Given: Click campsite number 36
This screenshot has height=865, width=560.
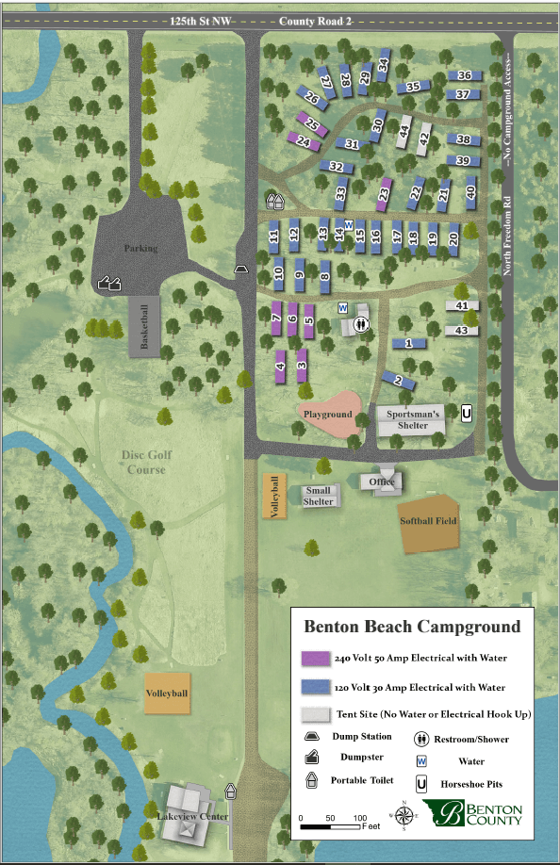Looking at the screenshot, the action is [x=465, y=75].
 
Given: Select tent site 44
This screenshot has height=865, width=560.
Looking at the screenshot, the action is [x=404, y=131].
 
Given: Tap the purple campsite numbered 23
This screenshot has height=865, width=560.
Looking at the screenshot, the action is [x=384, y=194].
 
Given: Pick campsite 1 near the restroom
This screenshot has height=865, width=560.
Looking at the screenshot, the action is [x=409, y=343].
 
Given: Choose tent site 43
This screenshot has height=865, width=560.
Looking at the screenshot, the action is [x=462, y=331].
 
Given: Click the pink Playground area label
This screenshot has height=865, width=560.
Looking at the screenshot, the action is [x=328, y=414].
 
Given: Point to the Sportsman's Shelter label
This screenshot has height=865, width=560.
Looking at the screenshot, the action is [x=413, y=419].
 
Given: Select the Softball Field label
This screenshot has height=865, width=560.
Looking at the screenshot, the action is [x=428, y=521].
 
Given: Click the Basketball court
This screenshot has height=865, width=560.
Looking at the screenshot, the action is [x=144, y=327].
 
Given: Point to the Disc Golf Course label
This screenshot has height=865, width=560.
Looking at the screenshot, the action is [x=147, y=462].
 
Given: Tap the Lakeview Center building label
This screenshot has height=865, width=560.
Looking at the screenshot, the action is [x=192, y=816].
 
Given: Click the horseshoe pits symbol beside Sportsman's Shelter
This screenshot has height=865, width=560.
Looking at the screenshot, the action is [x=467, y=413].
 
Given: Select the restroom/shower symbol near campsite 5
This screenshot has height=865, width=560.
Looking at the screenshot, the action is [x=361, y=324].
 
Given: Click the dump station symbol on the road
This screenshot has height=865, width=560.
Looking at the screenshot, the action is [x=241, y=269].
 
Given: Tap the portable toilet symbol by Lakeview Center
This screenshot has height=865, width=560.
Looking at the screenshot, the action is [x=231, y=792].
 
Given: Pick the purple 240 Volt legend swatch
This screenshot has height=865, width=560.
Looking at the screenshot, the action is [x=316, y=658].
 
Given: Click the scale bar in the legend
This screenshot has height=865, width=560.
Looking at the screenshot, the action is [x=330, y=826].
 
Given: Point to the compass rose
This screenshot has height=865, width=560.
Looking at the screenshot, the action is [x=404, y=814].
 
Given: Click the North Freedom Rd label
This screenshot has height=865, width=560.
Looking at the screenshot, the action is [x=507, y=237].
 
